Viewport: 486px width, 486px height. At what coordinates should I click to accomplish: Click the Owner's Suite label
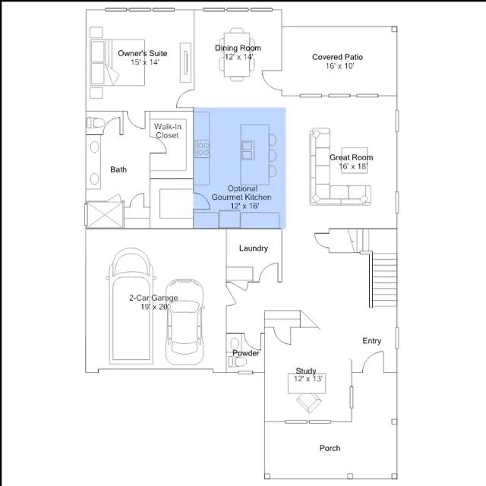(x=143, y=53)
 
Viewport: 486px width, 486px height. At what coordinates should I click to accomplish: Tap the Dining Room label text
(x=238, y=48)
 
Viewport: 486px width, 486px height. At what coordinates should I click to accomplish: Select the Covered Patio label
(x=337, y=57)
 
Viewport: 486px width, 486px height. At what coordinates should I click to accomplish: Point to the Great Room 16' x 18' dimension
(x=353, y=166)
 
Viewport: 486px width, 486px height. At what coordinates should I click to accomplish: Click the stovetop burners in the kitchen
(x=202, y=149)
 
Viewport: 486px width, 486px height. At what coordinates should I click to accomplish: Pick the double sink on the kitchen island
(x=248, y=150)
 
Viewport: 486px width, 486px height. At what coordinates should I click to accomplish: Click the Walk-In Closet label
(x=167, y=131)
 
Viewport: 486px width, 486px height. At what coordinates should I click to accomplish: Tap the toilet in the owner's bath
(x=95, y=123)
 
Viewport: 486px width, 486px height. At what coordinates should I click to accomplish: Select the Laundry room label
(x=253, y=248)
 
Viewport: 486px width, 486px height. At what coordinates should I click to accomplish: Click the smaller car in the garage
(x=185, y=322)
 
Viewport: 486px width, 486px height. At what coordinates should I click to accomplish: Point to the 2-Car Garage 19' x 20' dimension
(x=155, y=307)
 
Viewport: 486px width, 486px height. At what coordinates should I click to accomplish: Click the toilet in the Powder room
(x=237, y=361)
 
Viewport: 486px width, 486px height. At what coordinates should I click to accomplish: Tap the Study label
(x=306, y=371)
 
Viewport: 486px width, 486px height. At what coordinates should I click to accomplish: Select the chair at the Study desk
(x=309, y=402)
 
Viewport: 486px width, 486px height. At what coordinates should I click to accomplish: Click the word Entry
(x=371, y=341)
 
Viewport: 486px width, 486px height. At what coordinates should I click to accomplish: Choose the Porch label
(x=330, y=448)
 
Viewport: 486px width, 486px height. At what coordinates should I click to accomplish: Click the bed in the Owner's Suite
(x=118, y=62)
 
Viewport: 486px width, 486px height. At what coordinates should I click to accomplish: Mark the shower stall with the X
(x=105, y=214)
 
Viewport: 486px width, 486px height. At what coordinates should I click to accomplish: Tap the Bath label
(x=118, y=169)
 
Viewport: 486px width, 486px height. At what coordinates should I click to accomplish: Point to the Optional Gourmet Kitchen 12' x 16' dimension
(x=245, y=206)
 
